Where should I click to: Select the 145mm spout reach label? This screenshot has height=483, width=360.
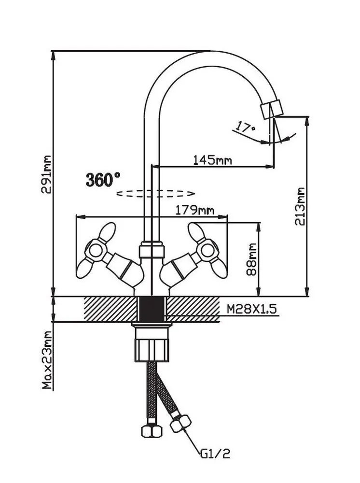(x=212, y=159)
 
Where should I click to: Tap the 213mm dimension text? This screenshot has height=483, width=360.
(x=301, y=206)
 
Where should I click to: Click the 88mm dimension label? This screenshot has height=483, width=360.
(x=251, y=259)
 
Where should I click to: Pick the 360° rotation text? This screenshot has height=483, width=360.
(x=103, y=180)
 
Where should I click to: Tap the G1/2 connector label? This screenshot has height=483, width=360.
(x=215, y=454)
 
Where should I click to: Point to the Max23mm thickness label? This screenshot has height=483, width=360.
(x=46, y=360)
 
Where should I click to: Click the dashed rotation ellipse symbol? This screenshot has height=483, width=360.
(x=155, y=193)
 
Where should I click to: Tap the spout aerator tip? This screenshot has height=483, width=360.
(x=271, y=110)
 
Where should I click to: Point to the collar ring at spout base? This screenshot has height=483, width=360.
(x=152, y=251)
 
